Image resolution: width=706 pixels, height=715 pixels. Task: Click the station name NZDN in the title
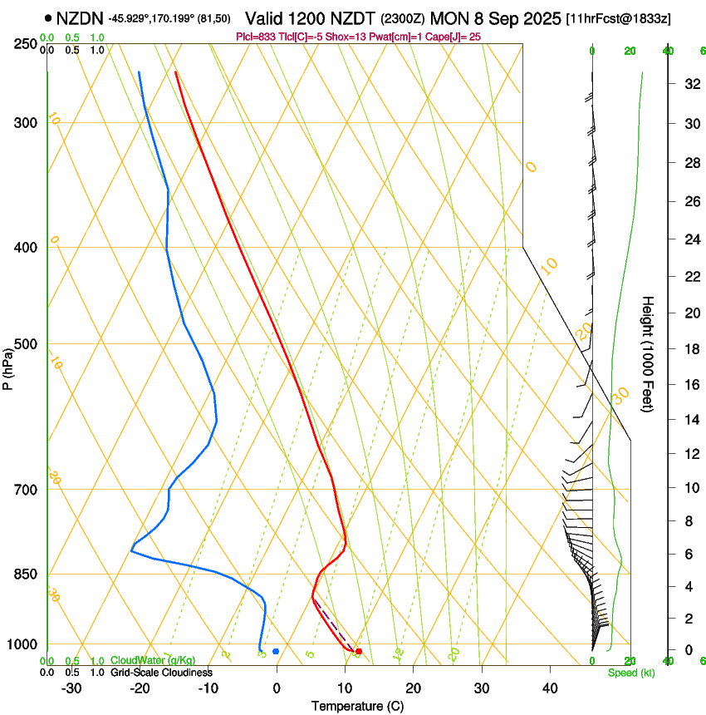point(80,17)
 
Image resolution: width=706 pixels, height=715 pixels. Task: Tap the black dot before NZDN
point(49,17)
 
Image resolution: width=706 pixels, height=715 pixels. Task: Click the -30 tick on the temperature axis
point(71,688)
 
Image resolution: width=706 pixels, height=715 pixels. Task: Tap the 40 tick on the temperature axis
point(550,688)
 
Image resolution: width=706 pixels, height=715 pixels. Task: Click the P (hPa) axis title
point(8,368)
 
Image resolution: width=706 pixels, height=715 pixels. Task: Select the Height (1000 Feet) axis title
point(648,353)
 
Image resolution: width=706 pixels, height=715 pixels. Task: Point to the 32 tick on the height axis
point(689,84)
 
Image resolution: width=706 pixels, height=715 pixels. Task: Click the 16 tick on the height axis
point(689,385)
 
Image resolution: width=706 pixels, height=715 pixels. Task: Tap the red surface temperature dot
point(358,651)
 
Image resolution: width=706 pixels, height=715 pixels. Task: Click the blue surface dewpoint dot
point(276,651)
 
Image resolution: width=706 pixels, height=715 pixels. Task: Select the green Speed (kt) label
point(630,673)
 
